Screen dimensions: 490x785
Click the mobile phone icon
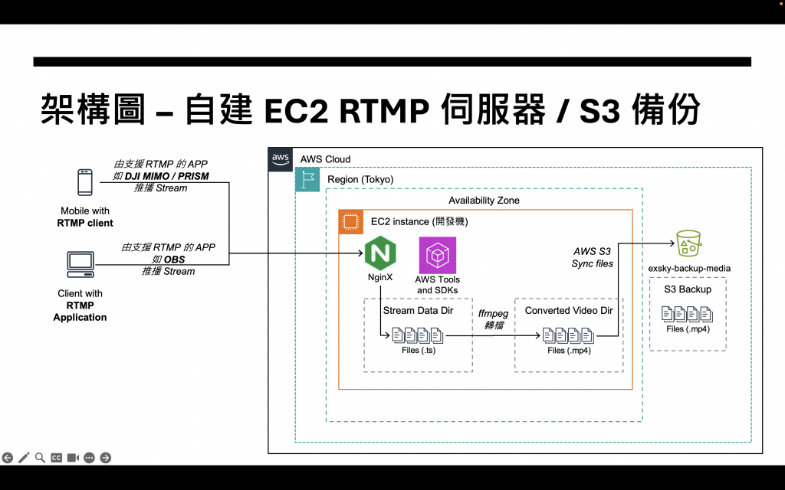tap(84, 183)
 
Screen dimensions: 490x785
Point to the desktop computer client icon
tap(80, 265)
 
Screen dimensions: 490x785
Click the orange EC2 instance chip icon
tap(351, 222)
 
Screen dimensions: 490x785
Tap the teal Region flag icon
tap(307, 179)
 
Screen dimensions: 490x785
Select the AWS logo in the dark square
tap(280, 158)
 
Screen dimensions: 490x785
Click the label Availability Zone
tap(484, 201)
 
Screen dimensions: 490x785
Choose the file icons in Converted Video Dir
tap(569, 335)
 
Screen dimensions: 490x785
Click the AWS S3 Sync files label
tap(593, 257)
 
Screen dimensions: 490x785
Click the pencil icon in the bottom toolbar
tap(24, 457)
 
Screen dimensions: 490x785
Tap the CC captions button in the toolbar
tap(56, 457)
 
